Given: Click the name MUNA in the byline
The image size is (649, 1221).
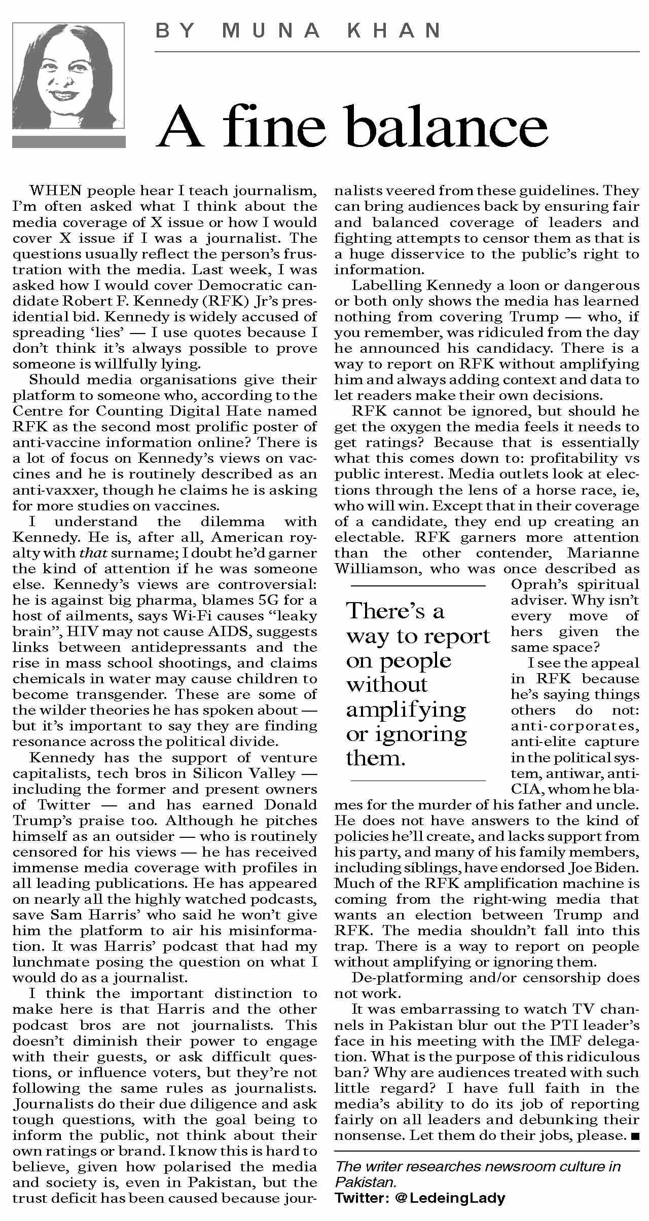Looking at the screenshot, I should (x=271, y=31).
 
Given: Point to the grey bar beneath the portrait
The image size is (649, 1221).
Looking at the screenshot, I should (x=68, y=142).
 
